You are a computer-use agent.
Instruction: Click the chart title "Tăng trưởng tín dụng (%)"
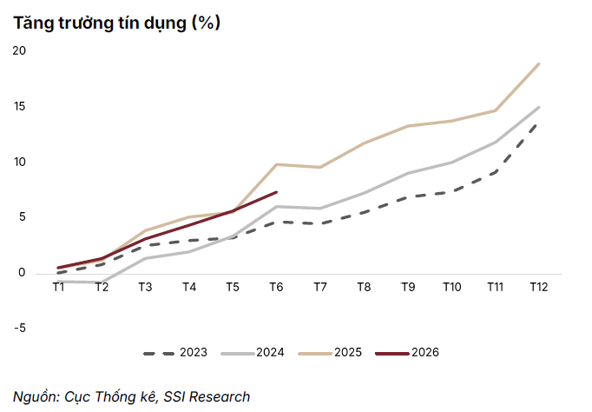pos(116,23)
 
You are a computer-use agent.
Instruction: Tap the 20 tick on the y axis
pos(19,50)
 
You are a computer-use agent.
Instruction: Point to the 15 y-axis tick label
pos(20,106)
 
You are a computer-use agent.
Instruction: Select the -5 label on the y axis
pos(20,328)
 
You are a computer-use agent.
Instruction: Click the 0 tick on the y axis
pos(22,273)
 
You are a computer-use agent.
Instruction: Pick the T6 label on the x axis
pos(276,287)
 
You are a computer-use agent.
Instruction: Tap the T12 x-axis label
pos(539,287)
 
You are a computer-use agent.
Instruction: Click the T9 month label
pos(408,287)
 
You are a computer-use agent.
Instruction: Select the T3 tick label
pos(145,287)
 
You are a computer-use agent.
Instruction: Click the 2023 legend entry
pos(175,353)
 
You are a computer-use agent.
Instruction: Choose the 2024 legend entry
pos(253,353)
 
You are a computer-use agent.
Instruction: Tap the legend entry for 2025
pos(330,353)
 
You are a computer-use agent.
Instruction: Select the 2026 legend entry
pos(407,353)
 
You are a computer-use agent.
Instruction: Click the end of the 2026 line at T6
pos(277,192)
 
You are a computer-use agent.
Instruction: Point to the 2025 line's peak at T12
pos(539,63)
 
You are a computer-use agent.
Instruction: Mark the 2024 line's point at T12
pos(539,108)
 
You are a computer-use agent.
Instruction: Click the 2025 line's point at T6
pos(277,164)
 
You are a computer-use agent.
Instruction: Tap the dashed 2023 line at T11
pos(496,172)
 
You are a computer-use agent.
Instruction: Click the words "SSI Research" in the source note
pos(207,397)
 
